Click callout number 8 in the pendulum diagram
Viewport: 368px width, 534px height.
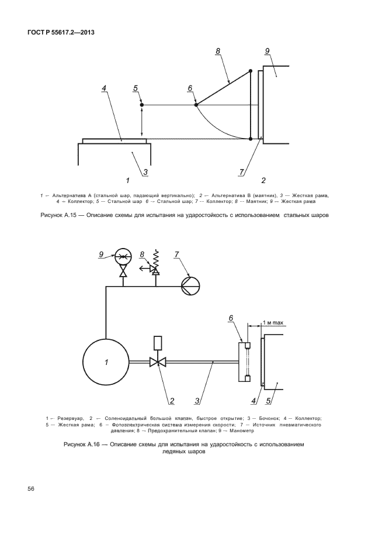[x=217, y=51]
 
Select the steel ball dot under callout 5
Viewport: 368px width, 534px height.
[x=142, y=105]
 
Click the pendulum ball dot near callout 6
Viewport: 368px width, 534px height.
[x=195, y=105]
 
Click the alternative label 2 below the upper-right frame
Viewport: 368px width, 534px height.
[x=263, y=180]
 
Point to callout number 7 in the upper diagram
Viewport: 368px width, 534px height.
[x=241, y=173]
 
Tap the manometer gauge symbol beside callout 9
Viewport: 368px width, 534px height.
[x=123, y=255]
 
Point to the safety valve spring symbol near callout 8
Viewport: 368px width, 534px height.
[x=155, y=257]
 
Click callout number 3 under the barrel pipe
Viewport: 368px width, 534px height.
[x=198, y=401]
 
